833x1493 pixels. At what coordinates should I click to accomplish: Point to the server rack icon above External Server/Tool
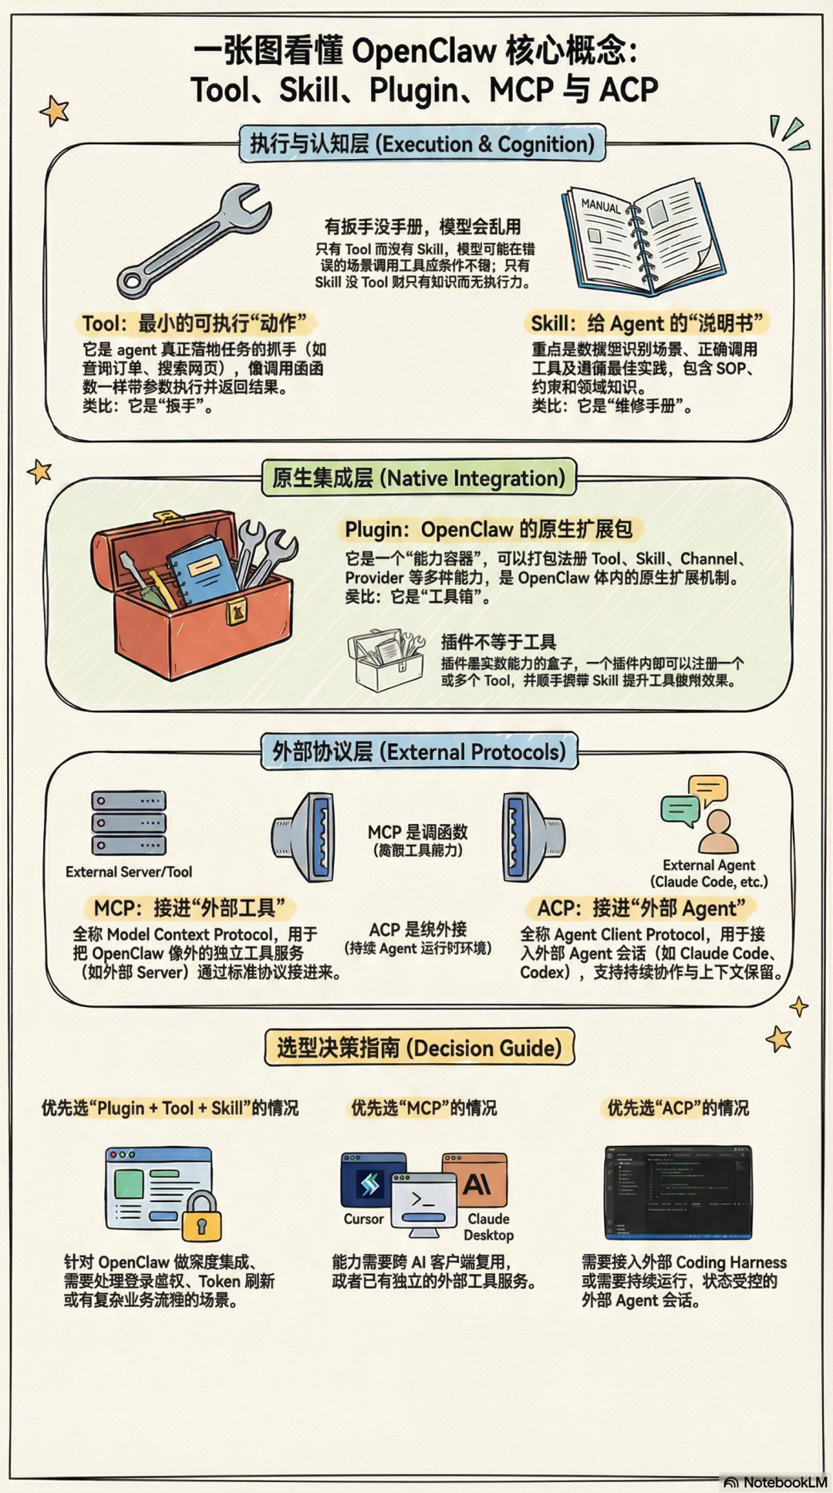129,823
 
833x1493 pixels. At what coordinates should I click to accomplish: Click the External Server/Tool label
129,872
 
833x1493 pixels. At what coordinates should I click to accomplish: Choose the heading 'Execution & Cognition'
421,144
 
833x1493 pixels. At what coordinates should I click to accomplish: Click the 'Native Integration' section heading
419,478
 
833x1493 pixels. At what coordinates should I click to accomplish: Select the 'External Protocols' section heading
419,752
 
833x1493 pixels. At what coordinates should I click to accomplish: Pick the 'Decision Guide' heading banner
419,1048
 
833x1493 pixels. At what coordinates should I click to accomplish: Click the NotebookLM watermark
776,1481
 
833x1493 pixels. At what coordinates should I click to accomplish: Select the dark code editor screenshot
678,1191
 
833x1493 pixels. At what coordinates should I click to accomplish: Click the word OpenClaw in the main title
424,51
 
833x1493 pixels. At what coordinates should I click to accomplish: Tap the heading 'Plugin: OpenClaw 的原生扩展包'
488,529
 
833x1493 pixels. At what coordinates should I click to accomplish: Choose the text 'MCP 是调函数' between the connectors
417,832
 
